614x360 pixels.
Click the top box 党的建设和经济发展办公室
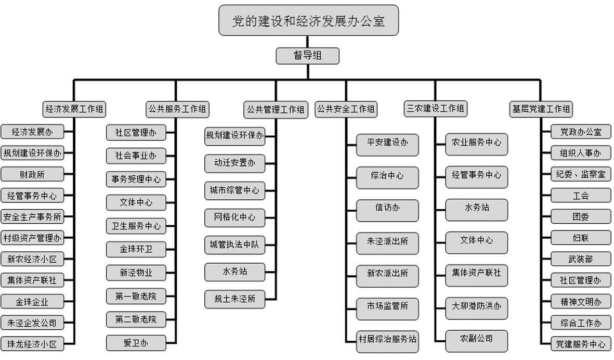click(x=309, y=20)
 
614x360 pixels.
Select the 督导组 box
click(x=307, y=56)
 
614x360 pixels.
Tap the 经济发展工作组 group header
click(x=74, y=109)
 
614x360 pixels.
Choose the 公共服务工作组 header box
click(x=177, y=109)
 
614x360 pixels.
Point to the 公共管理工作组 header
click(x=276, y=109)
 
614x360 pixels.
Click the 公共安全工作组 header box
click(x=346, y=109)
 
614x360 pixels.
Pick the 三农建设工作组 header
click(x=436, y=109)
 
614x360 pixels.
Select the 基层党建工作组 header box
click(x=541, y=109)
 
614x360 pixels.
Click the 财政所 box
click(x=32, y=174)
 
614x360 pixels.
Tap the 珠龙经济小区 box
click(x=32, y=344)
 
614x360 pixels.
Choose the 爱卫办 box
click(x=136, y=343)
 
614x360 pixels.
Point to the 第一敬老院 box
click(x=136, y=297)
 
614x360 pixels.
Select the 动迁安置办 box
click(x=234, y=163)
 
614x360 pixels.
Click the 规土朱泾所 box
click(x=234, y=299)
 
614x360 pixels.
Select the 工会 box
click(x=581, y=196)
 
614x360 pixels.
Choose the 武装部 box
click(x=581, y=259)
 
